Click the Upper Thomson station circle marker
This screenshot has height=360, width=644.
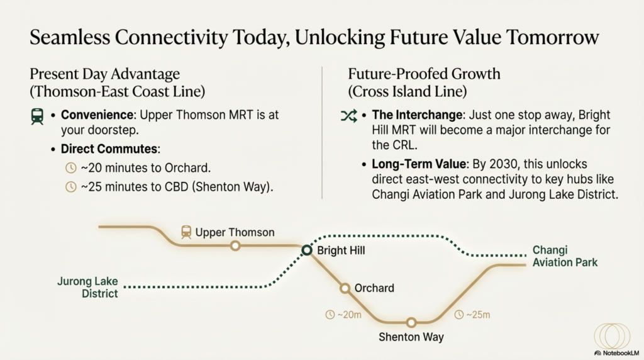(x=235, y=245)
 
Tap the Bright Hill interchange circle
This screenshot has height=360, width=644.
(x=307, y=250)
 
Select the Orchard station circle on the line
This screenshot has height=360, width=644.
(x=345, y=288)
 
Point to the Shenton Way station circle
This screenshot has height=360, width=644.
(x=411, y=322)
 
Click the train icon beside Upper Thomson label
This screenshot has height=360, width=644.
(x=186, y=232)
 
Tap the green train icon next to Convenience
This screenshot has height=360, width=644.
(x=37, y=116)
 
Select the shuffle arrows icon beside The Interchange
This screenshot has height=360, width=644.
(x=348, y=116)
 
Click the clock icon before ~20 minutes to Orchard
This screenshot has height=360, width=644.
(x=71, y=167)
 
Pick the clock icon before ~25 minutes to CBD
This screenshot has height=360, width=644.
(x=71, y=186)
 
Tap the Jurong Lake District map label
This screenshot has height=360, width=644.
(x=87, y=287)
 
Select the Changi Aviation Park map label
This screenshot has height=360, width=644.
(x=565, y=256)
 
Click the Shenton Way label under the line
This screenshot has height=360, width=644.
(x=411, y=337)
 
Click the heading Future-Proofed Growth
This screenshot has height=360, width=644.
(x=425, y=74)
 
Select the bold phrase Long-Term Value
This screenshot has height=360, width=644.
(x=418, y=164)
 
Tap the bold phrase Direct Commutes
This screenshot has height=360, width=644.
(x=109, y=149)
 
